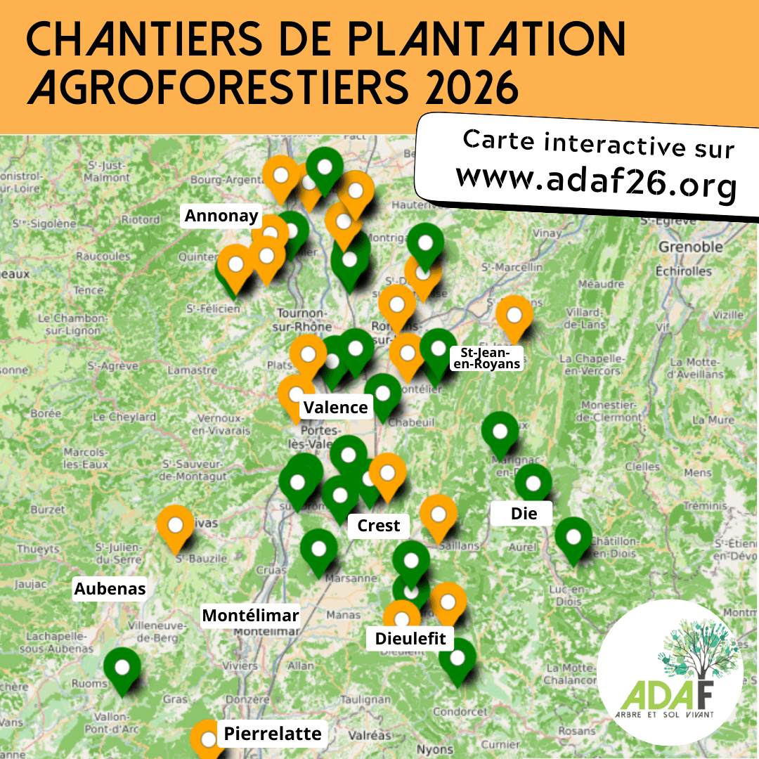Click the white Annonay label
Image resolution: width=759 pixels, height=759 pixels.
pyautogui.click(x=221, y=216)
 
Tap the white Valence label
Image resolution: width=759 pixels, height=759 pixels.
pyautogui.click(x=336, y=407)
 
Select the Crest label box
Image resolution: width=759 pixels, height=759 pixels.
pyautogui.click(x=378, y=525)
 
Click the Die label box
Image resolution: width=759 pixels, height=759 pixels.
pyautogui.click(x=524, y=514)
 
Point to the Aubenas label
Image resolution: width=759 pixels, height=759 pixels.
pyautogui.click(x=110, y=588)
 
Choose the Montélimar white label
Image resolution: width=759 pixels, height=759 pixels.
pyautogui.click(x=250, y=616)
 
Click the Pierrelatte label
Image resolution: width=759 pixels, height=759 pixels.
pyautogui.click(x=273, y=734)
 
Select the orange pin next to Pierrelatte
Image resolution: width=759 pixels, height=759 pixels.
pyautogui.click(x=208, y=738)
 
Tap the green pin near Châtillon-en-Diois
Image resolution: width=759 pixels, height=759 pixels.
pyautogui.click(x=573, y=538)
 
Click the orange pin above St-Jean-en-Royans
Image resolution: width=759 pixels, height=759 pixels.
pyautogui.click(x=514, y=316)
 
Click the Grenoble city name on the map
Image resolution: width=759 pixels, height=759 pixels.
pyautogui.click(x=690, y=247)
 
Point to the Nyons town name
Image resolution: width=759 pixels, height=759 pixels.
pyautogui.click(x=434, y=749)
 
